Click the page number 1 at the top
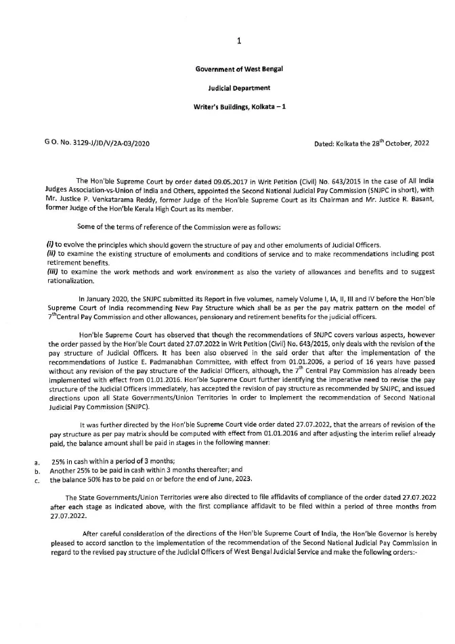click(239, 41)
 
